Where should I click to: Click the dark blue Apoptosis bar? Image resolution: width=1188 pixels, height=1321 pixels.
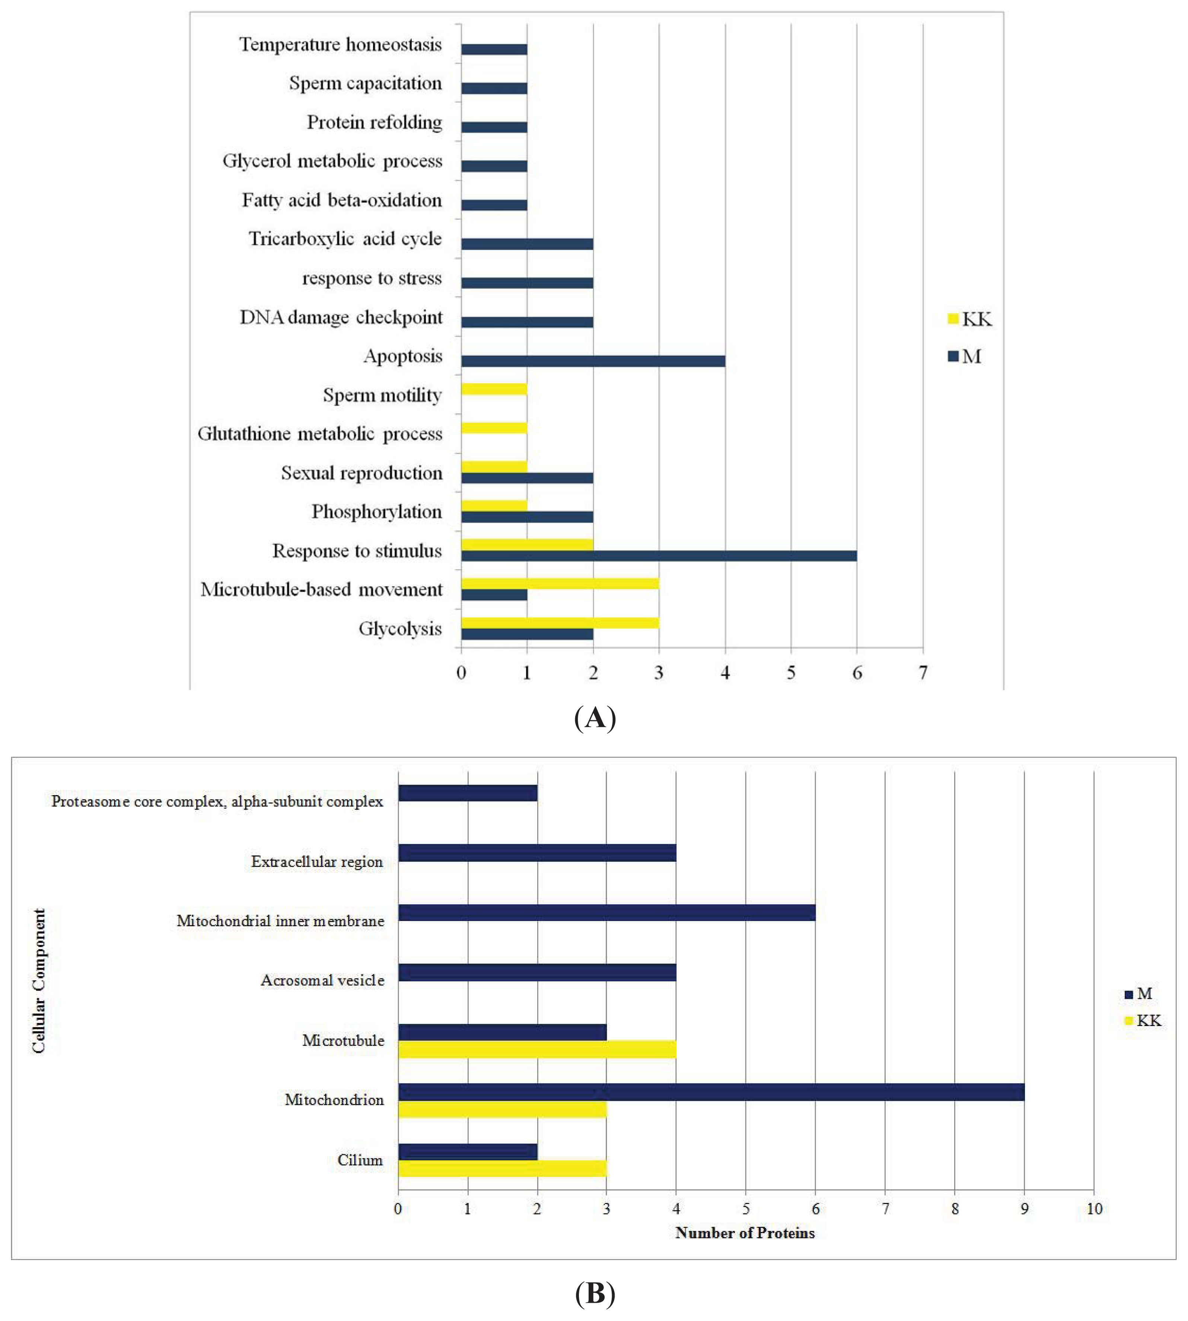pos(593,361)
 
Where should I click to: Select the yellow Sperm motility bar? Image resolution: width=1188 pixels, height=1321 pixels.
pos(494,389)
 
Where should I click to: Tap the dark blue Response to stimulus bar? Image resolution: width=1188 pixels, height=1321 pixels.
pos(659,556)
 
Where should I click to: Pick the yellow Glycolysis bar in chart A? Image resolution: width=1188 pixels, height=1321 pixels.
pos(560,622)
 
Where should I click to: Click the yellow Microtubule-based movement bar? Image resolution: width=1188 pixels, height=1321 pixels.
pos(560,583)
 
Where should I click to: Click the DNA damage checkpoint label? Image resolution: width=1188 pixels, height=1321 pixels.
pos(341,317)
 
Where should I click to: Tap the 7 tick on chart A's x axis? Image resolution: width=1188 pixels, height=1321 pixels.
pos(923,673)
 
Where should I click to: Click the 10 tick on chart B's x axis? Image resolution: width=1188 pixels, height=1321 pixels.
pos(1094,1209)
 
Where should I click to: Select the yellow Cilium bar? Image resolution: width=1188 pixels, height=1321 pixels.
pos(502,1168)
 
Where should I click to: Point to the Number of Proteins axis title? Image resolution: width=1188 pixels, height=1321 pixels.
pos(745,1233)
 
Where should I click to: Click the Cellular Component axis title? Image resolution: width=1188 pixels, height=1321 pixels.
pos(39,981)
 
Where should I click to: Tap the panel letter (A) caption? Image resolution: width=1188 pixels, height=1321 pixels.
pos(595,718)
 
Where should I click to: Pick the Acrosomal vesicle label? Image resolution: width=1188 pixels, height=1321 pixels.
pos(322,980)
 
